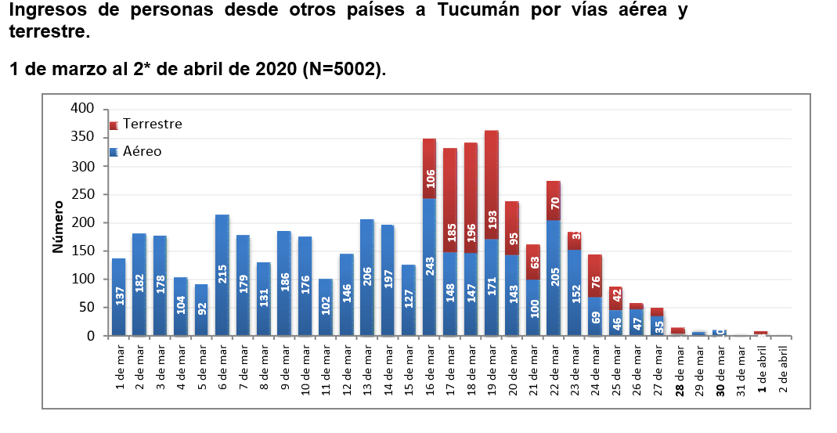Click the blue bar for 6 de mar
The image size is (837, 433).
(x=222, y=275)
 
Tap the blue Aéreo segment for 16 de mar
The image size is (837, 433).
(x=430, y=267)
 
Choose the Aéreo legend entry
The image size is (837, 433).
(x=136, y=151)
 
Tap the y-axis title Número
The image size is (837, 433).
(x=58, y=227)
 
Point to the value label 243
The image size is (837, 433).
(x=430, y=266)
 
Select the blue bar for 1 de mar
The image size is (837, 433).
(x=119, y=298)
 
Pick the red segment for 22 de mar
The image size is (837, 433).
(x=554, y=201)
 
